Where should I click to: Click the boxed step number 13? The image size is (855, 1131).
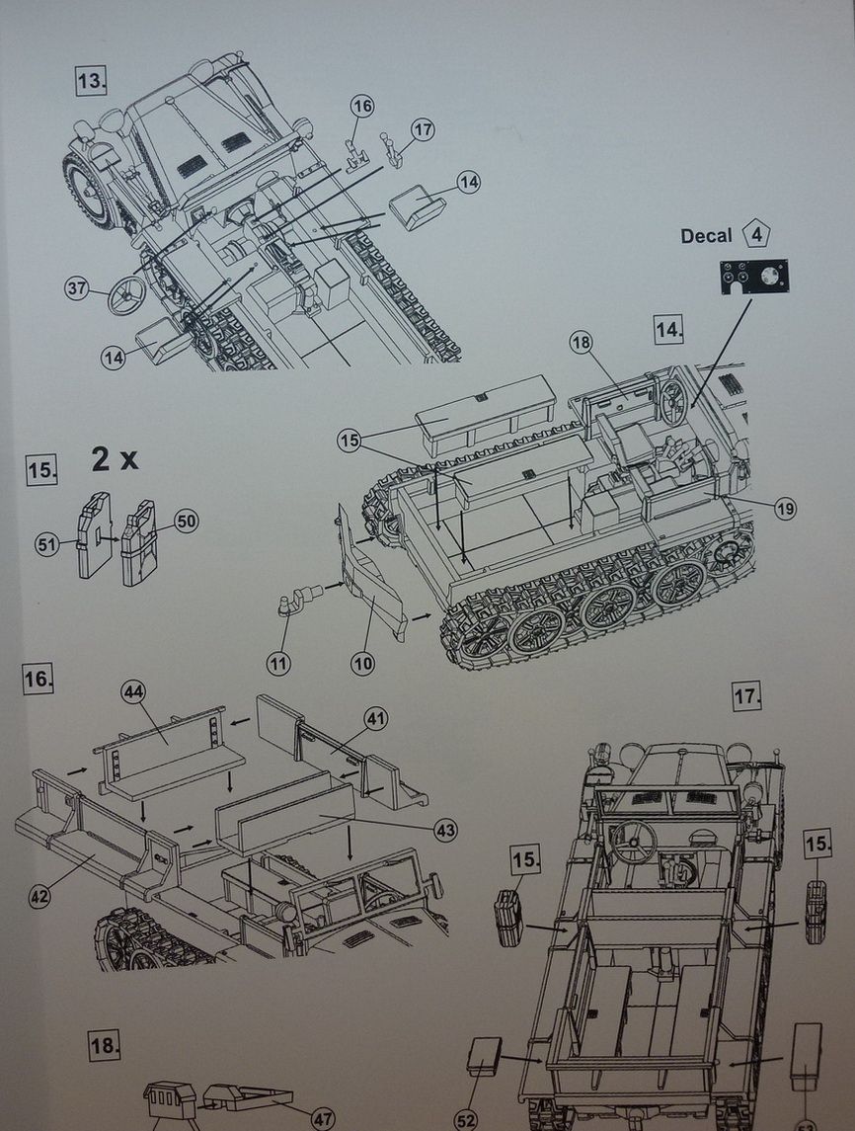coord(90,80)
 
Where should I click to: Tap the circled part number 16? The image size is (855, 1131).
coord(362,106)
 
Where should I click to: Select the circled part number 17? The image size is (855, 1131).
coord(424,129)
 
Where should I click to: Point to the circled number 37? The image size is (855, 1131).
coord(77,288)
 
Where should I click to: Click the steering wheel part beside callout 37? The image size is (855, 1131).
coord(126,294)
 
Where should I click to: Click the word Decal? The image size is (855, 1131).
coord(706,236)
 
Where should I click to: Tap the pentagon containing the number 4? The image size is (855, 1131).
coord(756,235)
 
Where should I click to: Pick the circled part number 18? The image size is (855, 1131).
coord(582,342)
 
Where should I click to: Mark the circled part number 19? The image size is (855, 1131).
coord(785,509)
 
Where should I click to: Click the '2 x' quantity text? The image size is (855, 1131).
coord(115,459)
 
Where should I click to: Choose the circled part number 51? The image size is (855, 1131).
coord(47,542)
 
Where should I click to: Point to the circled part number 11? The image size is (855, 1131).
coord(279,664)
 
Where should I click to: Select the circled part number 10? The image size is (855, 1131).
coord(362,664)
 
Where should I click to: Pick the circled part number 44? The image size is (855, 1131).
coord(133,692)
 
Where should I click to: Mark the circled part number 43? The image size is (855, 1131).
coord(445,831)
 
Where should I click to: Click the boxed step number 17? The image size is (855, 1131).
coord(747,696)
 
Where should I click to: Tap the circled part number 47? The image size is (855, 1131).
coord(322,1119)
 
